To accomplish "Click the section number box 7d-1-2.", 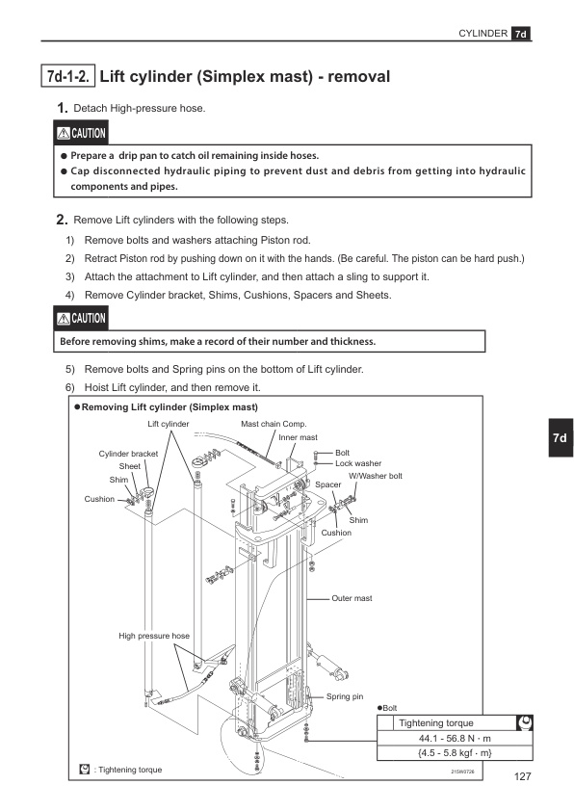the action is click(x=67, y=76).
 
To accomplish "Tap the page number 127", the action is click(x=522, y=776).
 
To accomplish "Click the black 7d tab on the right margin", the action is click(x=561, y=437).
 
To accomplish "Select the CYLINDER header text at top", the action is click(x=483, y=33).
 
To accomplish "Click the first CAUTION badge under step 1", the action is click(x=81, y=133).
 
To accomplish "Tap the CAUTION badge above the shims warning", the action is click(x=81, y=318).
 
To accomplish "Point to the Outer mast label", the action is click(x=352, y=598).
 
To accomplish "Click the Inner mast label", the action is click(x=298, y=437).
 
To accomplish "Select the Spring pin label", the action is click(x=345, y=696).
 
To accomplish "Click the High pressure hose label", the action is click(x=154, y=636).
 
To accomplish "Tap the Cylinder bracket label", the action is click(x=128, y=454).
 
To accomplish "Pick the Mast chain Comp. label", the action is click(x=274, y=424).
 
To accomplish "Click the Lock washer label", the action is click(x=358, y=463).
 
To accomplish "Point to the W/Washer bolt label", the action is click(x=376, y=476).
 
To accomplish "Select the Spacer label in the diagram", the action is click(x=327, y=484).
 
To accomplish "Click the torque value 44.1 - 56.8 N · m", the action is click(x=455, y=738).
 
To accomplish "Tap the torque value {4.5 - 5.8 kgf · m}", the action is click(x=455, y=752).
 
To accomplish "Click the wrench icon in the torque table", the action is click(x=524, y=722).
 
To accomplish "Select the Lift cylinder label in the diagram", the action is click(x=169, y=424).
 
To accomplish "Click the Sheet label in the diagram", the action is click(x=129, y=466).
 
